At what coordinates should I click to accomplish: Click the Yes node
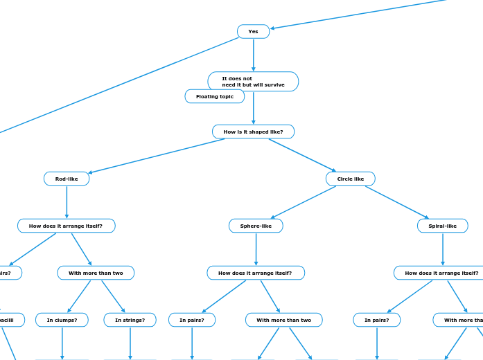[x=253, y=32]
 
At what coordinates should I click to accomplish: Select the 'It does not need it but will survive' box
[x=253, y=82]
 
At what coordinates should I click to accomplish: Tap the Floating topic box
[x=215, y=96]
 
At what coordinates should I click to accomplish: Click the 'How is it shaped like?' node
[x=253, y=132]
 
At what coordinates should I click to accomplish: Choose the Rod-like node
[x=67, y=179]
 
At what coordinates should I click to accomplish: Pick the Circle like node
[x=351, y=179]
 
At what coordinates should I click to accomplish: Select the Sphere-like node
[x=256, y=226]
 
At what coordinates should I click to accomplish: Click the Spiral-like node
[x=442, y=226]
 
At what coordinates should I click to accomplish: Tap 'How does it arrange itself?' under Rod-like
[x=66, y=226]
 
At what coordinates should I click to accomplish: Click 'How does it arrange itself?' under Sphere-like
[x=256, y=273]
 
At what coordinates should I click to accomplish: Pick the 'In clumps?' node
[x=62, y=320]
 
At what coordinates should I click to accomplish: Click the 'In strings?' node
[x=130, y=320]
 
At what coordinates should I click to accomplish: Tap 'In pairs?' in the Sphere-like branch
[x=192, y=320]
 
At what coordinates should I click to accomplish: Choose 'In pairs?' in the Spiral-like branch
[x=377, y=320]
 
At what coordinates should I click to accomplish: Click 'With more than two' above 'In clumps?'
[x=96, y=273]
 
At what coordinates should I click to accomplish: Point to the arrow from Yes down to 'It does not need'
[x=254, y=55]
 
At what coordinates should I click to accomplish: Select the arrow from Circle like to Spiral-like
[x=396, y=202]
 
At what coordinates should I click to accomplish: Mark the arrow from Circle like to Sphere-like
[x=304, y=202]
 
